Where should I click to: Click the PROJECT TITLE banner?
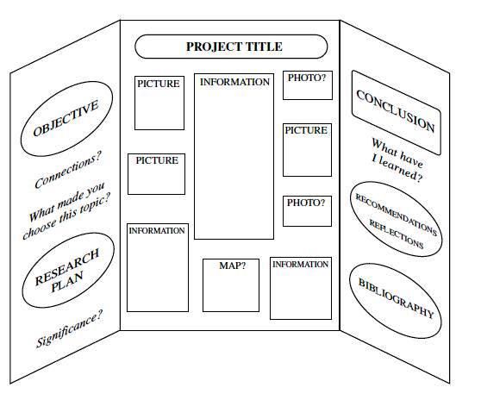(232, 47)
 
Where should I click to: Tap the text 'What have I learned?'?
(397, 159)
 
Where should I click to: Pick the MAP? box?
(231, 284)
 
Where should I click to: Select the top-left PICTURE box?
(159, 103)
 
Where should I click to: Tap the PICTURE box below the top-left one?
(156, 173)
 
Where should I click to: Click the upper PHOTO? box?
(308, 86)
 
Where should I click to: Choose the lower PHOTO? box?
(308, 210)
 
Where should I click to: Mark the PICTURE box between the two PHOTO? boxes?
(307, 148)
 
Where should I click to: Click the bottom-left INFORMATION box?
(158, 268)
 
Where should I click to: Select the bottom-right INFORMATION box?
(300, 288)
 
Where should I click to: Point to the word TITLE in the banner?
(263, 47)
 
